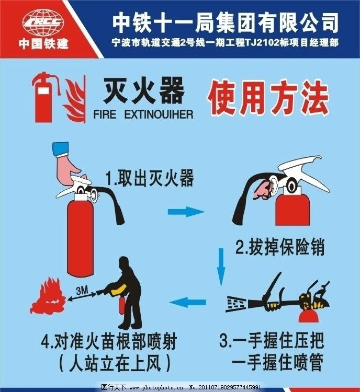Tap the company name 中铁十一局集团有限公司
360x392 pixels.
pos(226,22)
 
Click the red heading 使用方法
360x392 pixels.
pos(268,97)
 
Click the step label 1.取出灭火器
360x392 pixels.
pos(150,179)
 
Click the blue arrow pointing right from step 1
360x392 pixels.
pos(185,212)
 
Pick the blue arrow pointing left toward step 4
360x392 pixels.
pos(189,302)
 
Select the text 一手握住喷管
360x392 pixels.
pos(277,361)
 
